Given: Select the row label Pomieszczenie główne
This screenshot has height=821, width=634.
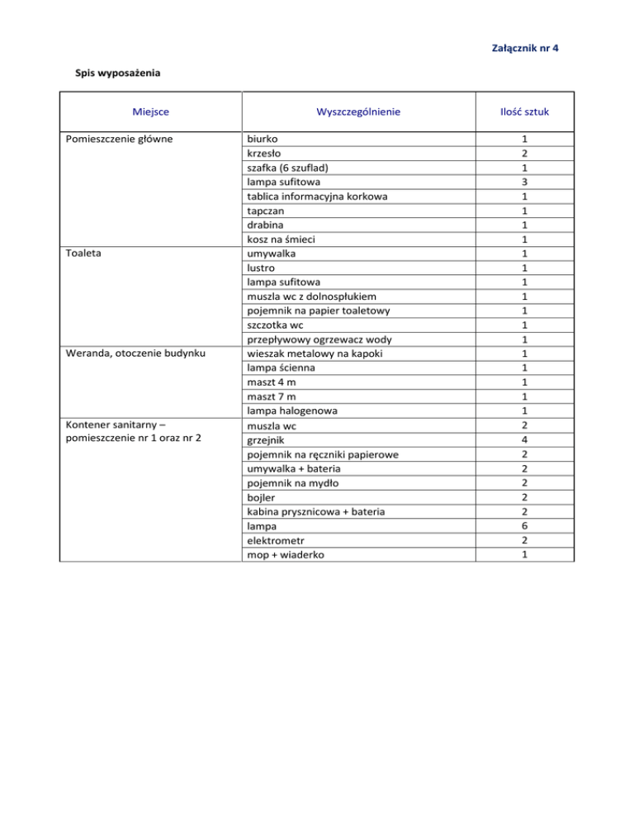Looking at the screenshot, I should tap(119, 139).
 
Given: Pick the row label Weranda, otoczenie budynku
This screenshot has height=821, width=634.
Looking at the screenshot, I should tap(135, 354).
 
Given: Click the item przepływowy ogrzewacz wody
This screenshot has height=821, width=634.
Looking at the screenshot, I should tap(319, 339).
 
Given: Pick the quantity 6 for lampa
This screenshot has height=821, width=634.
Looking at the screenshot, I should tap(524, 526).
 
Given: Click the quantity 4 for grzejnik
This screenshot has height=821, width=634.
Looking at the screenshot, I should tap(524, 439).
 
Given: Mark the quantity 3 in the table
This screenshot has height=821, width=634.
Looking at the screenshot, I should tap(524, 182).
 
